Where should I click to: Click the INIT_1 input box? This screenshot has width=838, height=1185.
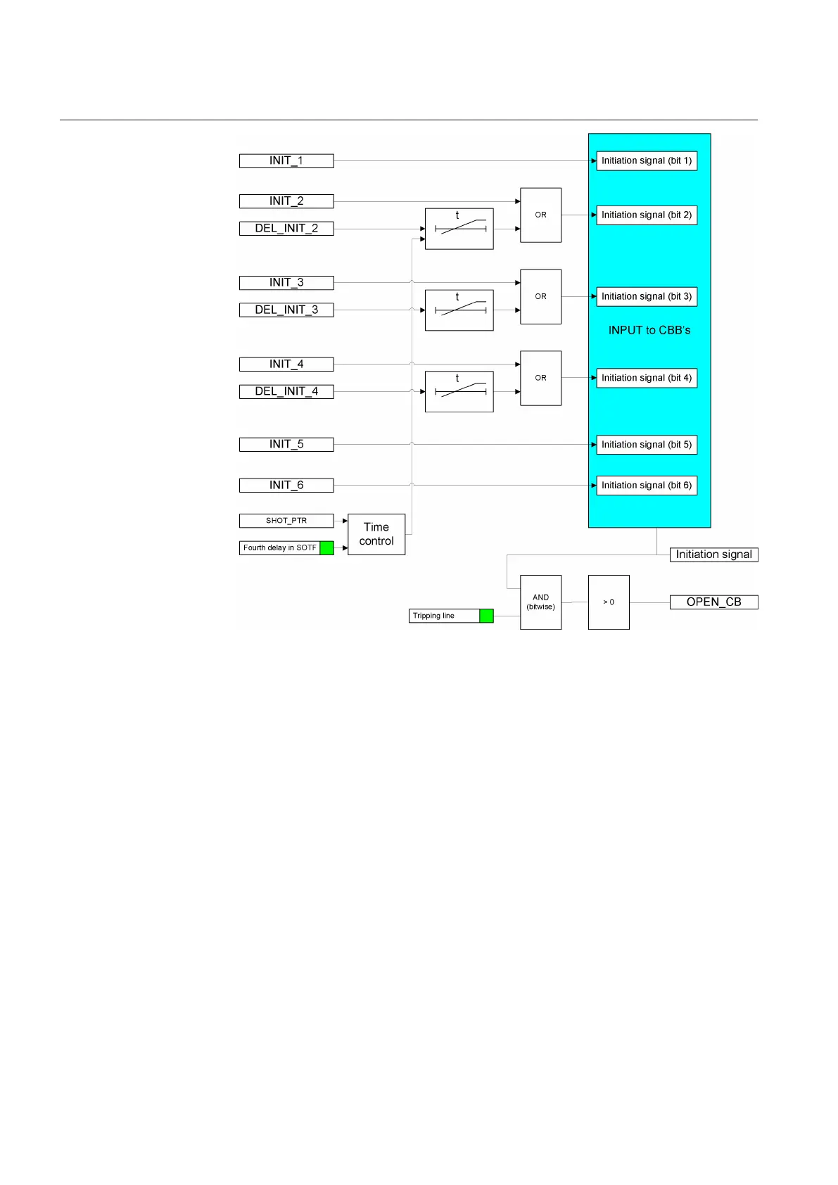(x=286, y=161)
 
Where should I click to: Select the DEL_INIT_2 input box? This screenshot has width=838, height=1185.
(x=286, y=229)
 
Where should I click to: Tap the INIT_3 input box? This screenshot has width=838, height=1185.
(x=286, y=283)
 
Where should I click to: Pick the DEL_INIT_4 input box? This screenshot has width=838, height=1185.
(x=286, y=391)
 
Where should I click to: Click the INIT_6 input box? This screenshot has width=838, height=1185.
(x=286, y=486)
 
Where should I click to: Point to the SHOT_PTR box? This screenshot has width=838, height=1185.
(x=286, y=521)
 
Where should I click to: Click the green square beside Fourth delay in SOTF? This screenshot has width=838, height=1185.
(x=327, y=548)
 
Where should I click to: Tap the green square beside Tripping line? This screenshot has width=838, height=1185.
(x=486, y=616)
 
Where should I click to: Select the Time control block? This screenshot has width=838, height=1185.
(x=376, y=534)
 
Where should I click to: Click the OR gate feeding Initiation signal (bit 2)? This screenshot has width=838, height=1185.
(x=540, y=215)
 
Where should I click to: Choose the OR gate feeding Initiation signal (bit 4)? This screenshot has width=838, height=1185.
(x=540, y=378)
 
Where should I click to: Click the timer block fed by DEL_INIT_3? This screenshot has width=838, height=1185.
(x=459, y=310)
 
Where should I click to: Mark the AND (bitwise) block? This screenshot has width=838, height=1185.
(x=540, y=602)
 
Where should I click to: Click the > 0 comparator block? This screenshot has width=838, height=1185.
(x=609, y=602)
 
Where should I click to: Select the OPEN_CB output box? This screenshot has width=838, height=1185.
(x=713, y=602)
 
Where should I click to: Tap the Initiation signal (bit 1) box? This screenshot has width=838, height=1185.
(x=647, y=161)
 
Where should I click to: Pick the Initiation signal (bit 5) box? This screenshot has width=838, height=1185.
(x=647, y=445)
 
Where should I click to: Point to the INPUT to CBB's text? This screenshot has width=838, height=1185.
(x=649, y=331)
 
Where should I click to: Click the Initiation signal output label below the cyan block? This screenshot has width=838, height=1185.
(x=713, y=555)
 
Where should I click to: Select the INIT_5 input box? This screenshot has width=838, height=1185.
(x=286, y=445)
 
